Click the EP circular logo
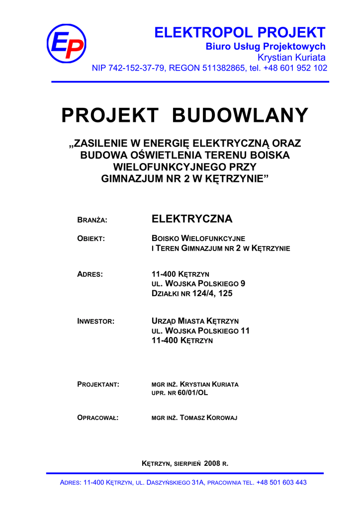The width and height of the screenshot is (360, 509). coord(66,44)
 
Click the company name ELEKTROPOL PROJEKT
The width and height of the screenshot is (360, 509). coord(240,33)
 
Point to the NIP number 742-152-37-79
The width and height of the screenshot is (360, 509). coord(136,68)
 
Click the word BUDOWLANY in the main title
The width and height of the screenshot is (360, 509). coord(240,116)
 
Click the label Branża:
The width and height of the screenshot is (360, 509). coord(92,220)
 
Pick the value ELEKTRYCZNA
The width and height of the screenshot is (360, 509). coord(191,219)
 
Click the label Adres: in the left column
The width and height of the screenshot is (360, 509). coord(90,274)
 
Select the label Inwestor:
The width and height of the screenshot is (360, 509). coord(96,322)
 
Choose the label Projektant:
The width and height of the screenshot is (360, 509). coord(98,385)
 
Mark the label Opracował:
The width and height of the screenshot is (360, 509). coord(98,418)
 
